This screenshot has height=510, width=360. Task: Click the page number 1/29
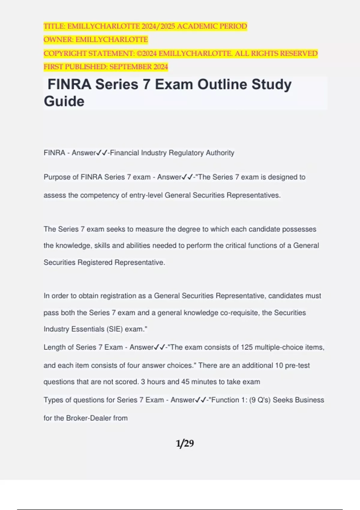tap(185, 443)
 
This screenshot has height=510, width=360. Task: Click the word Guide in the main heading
tap(64, 101)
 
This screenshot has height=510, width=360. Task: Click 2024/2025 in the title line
tap(159, 26)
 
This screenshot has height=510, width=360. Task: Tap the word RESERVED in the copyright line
tap(298, 53)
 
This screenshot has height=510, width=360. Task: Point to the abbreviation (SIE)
tap(114, 329)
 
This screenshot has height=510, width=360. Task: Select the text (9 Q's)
tap(260, 400)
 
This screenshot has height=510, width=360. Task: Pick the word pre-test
tap(297, 365)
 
